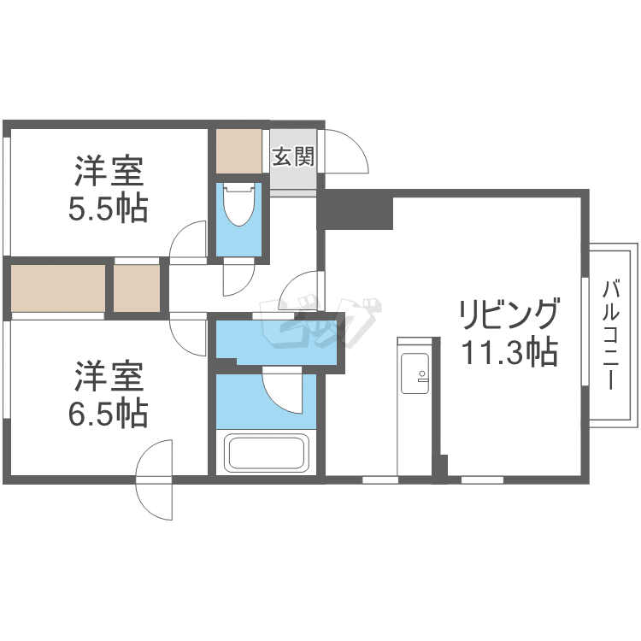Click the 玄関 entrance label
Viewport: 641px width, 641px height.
(293, 156)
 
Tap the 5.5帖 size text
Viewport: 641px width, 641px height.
(108, 209)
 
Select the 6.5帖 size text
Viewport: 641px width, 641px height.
(108, 414)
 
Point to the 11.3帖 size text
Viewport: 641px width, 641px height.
(509, 351)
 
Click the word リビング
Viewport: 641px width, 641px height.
(509, 314)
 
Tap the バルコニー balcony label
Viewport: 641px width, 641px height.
(611, 335)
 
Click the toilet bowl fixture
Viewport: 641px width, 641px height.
(238, 204)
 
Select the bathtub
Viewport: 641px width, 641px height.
(266, 453)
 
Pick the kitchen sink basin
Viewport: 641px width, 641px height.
(415, 373)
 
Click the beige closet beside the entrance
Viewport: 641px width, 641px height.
(238, 151)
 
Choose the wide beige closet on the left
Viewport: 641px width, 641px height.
(58, 288)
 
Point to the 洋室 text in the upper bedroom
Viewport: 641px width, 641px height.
(109, 171)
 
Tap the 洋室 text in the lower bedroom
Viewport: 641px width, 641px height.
(109, 376)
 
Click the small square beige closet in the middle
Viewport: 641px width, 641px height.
(137, 288)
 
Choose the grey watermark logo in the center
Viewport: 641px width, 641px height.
(321, 322)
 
